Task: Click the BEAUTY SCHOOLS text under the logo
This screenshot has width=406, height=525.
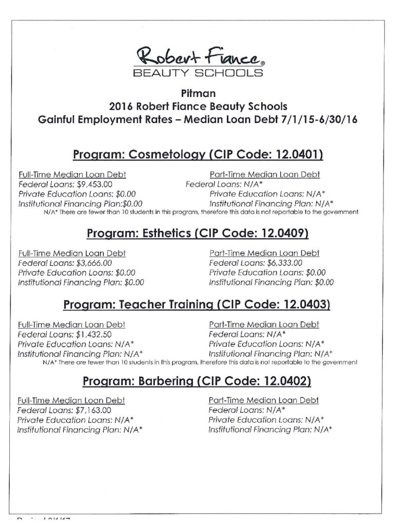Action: [199, 73]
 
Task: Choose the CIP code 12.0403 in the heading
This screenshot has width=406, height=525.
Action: [302, 305]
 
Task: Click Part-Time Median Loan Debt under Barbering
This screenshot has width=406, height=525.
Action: [264, 400]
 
